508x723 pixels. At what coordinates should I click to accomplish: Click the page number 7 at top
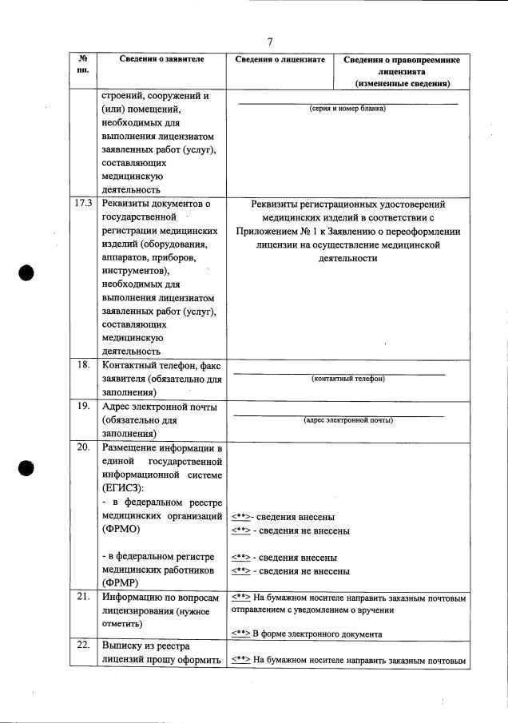coord(270,42)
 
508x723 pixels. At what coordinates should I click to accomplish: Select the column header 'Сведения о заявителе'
coord(161,60)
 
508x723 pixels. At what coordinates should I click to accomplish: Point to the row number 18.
coord(81,365)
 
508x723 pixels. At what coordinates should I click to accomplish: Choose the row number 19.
coord(81,406)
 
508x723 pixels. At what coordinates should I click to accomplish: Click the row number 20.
coord(81,447)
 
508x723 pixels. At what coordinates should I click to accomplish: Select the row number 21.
coord(81,597)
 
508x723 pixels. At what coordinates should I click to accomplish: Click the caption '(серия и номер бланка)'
coord(347,109)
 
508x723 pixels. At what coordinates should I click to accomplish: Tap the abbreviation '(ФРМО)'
coord(121,530)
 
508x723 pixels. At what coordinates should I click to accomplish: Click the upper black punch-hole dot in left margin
coord(28,272)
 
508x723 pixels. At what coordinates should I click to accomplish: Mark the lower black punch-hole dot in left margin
coord(28,468)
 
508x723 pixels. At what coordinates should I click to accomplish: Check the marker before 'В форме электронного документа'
coord(240,634)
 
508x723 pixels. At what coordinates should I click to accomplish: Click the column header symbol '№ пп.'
coord(82,66)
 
